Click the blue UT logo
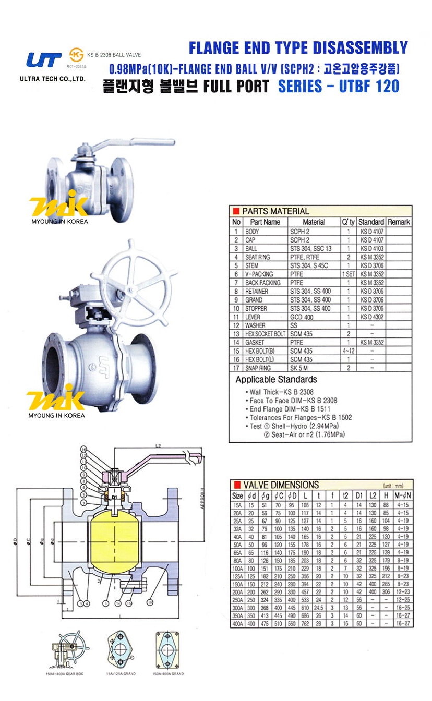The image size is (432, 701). coord(44,59)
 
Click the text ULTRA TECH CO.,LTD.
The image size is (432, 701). coord(52,79)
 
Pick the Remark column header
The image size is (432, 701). coord(399,222)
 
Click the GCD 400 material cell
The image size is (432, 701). coord(302,317)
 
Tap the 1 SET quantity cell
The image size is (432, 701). coord(348,274)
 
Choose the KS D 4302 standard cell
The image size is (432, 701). coord(371,317)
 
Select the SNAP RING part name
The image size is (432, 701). coord(258,368)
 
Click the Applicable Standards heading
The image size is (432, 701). coord(276,380)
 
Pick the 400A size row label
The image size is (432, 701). coord(237,624)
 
